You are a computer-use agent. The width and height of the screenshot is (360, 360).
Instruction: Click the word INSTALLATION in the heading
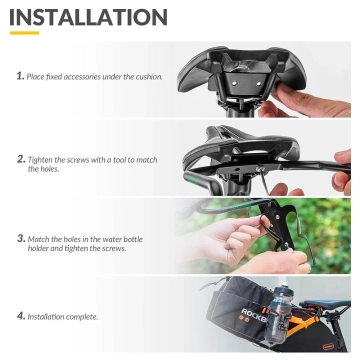pos(88,17)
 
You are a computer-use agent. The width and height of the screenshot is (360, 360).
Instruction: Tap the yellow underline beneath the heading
pos(23,32)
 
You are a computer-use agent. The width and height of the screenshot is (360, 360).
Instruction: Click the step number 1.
pos(20,76)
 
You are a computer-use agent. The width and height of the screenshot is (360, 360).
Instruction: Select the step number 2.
pos(21,158)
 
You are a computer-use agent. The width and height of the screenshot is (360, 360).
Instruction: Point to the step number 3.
pos(21,238)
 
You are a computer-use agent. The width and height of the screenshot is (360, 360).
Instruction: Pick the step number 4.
pos(21,316)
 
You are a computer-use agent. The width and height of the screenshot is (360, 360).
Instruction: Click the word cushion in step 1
pos(147,76)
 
